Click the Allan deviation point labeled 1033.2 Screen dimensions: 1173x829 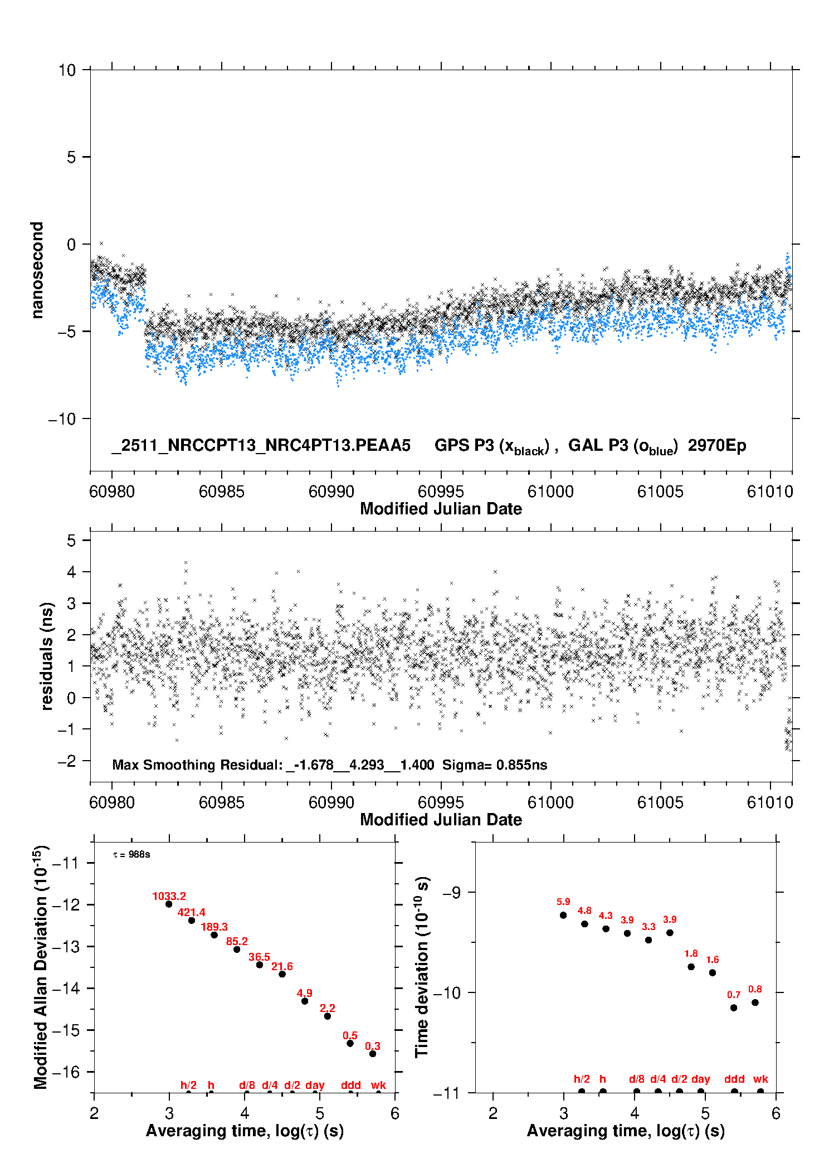point(169,904)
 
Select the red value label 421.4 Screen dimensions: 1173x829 point(191,912)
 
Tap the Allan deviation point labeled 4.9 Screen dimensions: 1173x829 point(305,1001)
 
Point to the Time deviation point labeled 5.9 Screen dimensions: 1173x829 point(563,915)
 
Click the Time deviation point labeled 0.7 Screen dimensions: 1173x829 point(734,1007)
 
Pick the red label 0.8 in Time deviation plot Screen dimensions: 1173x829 point(755,989)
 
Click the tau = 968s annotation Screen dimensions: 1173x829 point(131,855)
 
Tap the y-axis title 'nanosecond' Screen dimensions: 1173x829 point(37,270)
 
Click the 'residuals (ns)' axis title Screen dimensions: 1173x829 point(47,656)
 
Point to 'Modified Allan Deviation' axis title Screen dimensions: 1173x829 point(41,967)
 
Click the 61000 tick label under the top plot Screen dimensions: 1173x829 point(550,491)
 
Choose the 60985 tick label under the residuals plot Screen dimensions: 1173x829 point(221,802)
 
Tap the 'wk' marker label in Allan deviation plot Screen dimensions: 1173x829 point(378,1085)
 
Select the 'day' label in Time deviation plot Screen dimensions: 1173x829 point(700,1079)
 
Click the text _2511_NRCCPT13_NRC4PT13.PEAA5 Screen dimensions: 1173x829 point(261,445)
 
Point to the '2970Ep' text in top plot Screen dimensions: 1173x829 point(716,445)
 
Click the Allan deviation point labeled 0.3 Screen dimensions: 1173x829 point(373,1054)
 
